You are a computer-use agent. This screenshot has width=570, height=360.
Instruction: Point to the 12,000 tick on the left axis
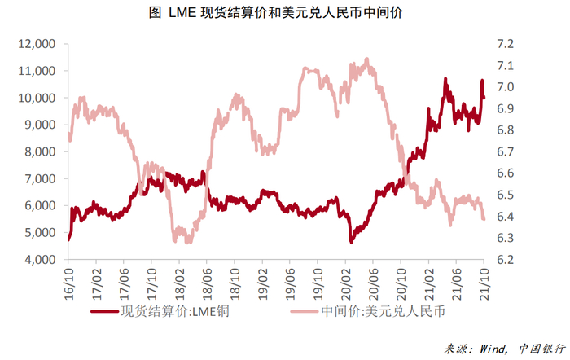(36, 44)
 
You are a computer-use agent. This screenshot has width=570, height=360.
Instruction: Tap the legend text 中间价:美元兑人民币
(376, 311)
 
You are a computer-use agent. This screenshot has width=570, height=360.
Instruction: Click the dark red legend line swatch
(102, 311)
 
